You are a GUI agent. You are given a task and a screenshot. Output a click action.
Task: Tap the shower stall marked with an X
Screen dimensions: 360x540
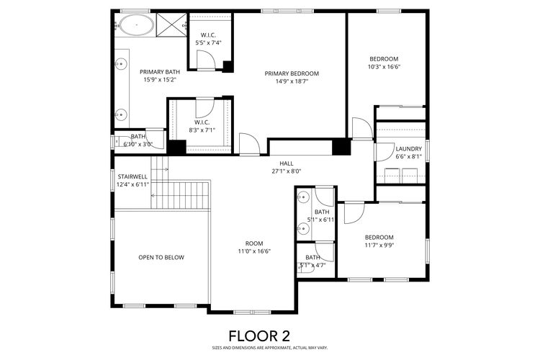pos(170,26)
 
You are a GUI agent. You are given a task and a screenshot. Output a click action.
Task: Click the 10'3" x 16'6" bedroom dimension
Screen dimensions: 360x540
pos(384,68)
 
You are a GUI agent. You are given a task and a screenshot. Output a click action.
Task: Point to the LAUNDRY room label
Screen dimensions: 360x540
pos(408,148)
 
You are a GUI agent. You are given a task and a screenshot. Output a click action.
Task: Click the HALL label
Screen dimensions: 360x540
pos(286,163)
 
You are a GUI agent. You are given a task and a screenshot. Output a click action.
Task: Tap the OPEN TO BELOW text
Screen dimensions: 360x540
pos(161,257)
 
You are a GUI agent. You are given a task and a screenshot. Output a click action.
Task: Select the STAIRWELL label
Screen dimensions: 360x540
pos(132,176)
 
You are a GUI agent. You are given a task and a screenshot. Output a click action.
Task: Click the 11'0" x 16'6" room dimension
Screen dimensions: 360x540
pos(254,251)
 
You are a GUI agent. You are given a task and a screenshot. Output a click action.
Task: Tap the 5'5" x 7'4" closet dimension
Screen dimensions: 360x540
pos(209,42)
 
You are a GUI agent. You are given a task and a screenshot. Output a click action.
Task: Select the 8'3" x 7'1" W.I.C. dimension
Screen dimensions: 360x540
pos(203,130)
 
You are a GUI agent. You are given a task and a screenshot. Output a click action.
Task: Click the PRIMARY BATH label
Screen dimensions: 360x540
pos(159,71)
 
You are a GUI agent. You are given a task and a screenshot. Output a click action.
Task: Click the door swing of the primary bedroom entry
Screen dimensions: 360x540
pos(248,143)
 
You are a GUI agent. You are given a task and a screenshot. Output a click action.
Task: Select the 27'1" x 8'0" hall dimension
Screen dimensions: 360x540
pos(286,171)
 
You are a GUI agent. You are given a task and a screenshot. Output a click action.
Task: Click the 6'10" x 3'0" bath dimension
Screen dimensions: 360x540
pos(138,144)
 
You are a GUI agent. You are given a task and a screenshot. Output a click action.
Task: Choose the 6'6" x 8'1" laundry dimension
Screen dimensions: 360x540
pos(408,156)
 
